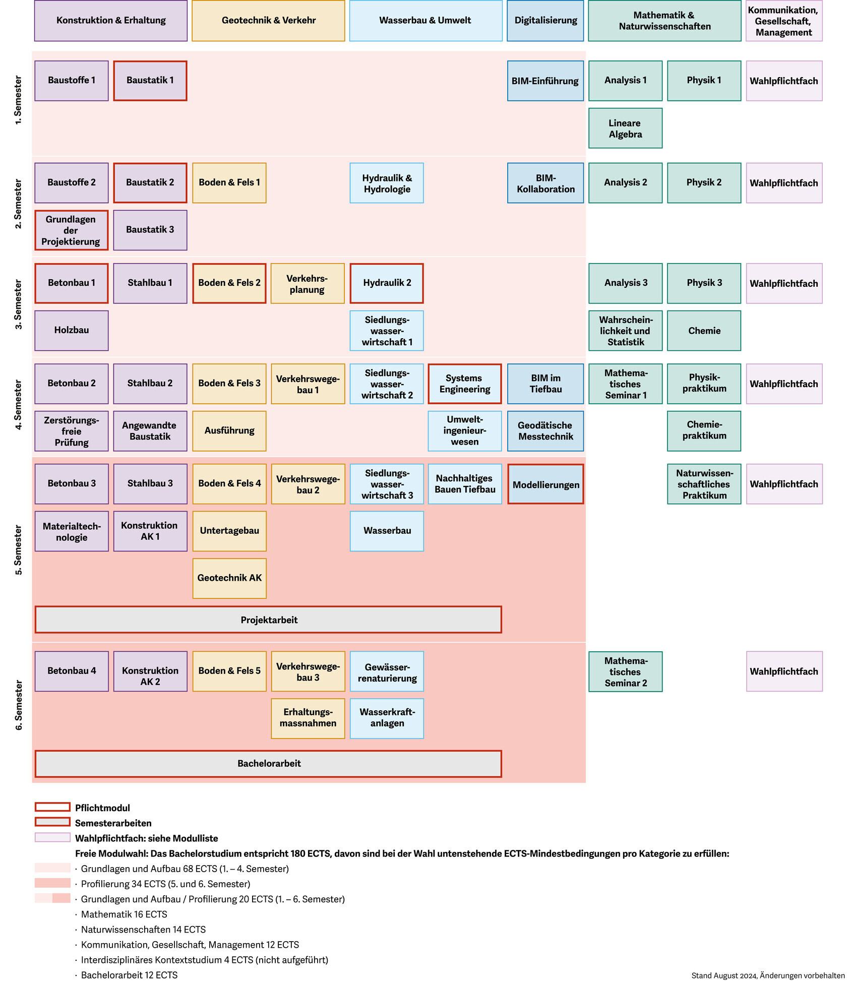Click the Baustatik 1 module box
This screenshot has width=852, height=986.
click(150, 81)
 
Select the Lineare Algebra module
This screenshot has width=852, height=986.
click(625, 128)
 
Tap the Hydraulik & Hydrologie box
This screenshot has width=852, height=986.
click(387, 183)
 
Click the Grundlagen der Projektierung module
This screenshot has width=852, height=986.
click(71, 230)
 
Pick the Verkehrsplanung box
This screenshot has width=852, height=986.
click(308, 283)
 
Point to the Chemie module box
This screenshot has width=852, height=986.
click(704, 331)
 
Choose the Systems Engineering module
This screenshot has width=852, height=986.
click(464, 384)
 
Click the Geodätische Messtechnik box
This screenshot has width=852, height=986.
click(545, 431)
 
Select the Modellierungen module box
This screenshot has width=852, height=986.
click(545, 484)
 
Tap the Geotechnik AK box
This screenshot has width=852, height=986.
click(229, 578)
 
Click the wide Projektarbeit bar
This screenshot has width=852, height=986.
click(268, 620)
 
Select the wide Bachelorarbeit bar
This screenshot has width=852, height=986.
click(268, 763)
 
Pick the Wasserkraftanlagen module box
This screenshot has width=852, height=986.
click(387, 718)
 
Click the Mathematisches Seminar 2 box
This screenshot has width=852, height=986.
click(625, 671)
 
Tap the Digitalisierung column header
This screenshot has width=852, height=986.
click(545, 21)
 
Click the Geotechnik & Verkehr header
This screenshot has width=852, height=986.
click(268, 21)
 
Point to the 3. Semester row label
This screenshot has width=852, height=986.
click(19, 304)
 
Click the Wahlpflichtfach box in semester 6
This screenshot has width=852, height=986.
click(783, 671)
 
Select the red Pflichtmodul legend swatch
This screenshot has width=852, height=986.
click(52, 807)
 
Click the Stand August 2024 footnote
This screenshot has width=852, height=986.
click(767, 975)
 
